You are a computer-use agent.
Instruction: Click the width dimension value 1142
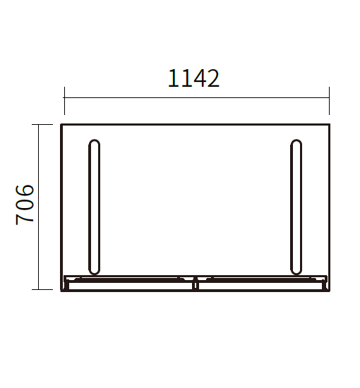click(193, 78)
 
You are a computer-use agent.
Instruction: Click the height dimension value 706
click(25, 205)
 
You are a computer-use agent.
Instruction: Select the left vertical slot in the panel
click(94, 207)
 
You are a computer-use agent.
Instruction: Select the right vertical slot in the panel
click(296, 207)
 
